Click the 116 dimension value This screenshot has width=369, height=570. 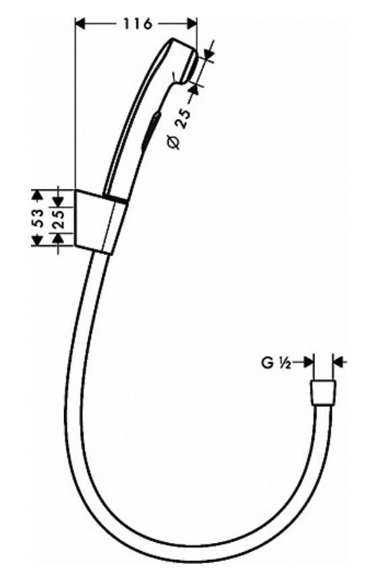(137, 24)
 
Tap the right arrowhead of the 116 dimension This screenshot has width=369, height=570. (192, 24)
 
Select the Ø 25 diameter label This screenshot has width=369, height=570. (179, 128)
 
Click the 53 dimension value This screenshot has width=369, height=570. (38, 218)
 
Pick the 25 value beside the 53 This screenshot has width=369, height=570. (58, 218)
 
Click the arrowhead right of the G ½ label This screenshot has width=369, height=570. (308, 362)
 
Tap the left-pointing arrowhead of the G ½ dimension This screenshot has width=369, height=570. (339, 362)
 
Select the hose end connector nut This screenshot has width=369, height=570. (323, 393)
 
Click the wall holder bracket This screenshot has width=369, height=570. (100, 222)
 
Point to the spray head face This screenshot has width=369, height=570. (190, 66)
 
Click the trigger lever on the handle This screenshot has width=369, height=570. (151, 130)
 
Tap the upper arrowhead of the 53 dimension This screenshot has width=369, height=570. (36, 194)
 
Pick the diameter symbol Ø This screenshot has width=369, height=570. (174, 142)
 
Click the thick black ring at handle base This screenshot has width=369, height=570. (115, 199)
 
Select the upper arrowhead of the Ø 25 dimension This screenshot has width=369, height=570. (208, 54)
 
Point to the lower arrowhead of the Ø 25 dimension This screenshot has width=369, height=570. (194, 88)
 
